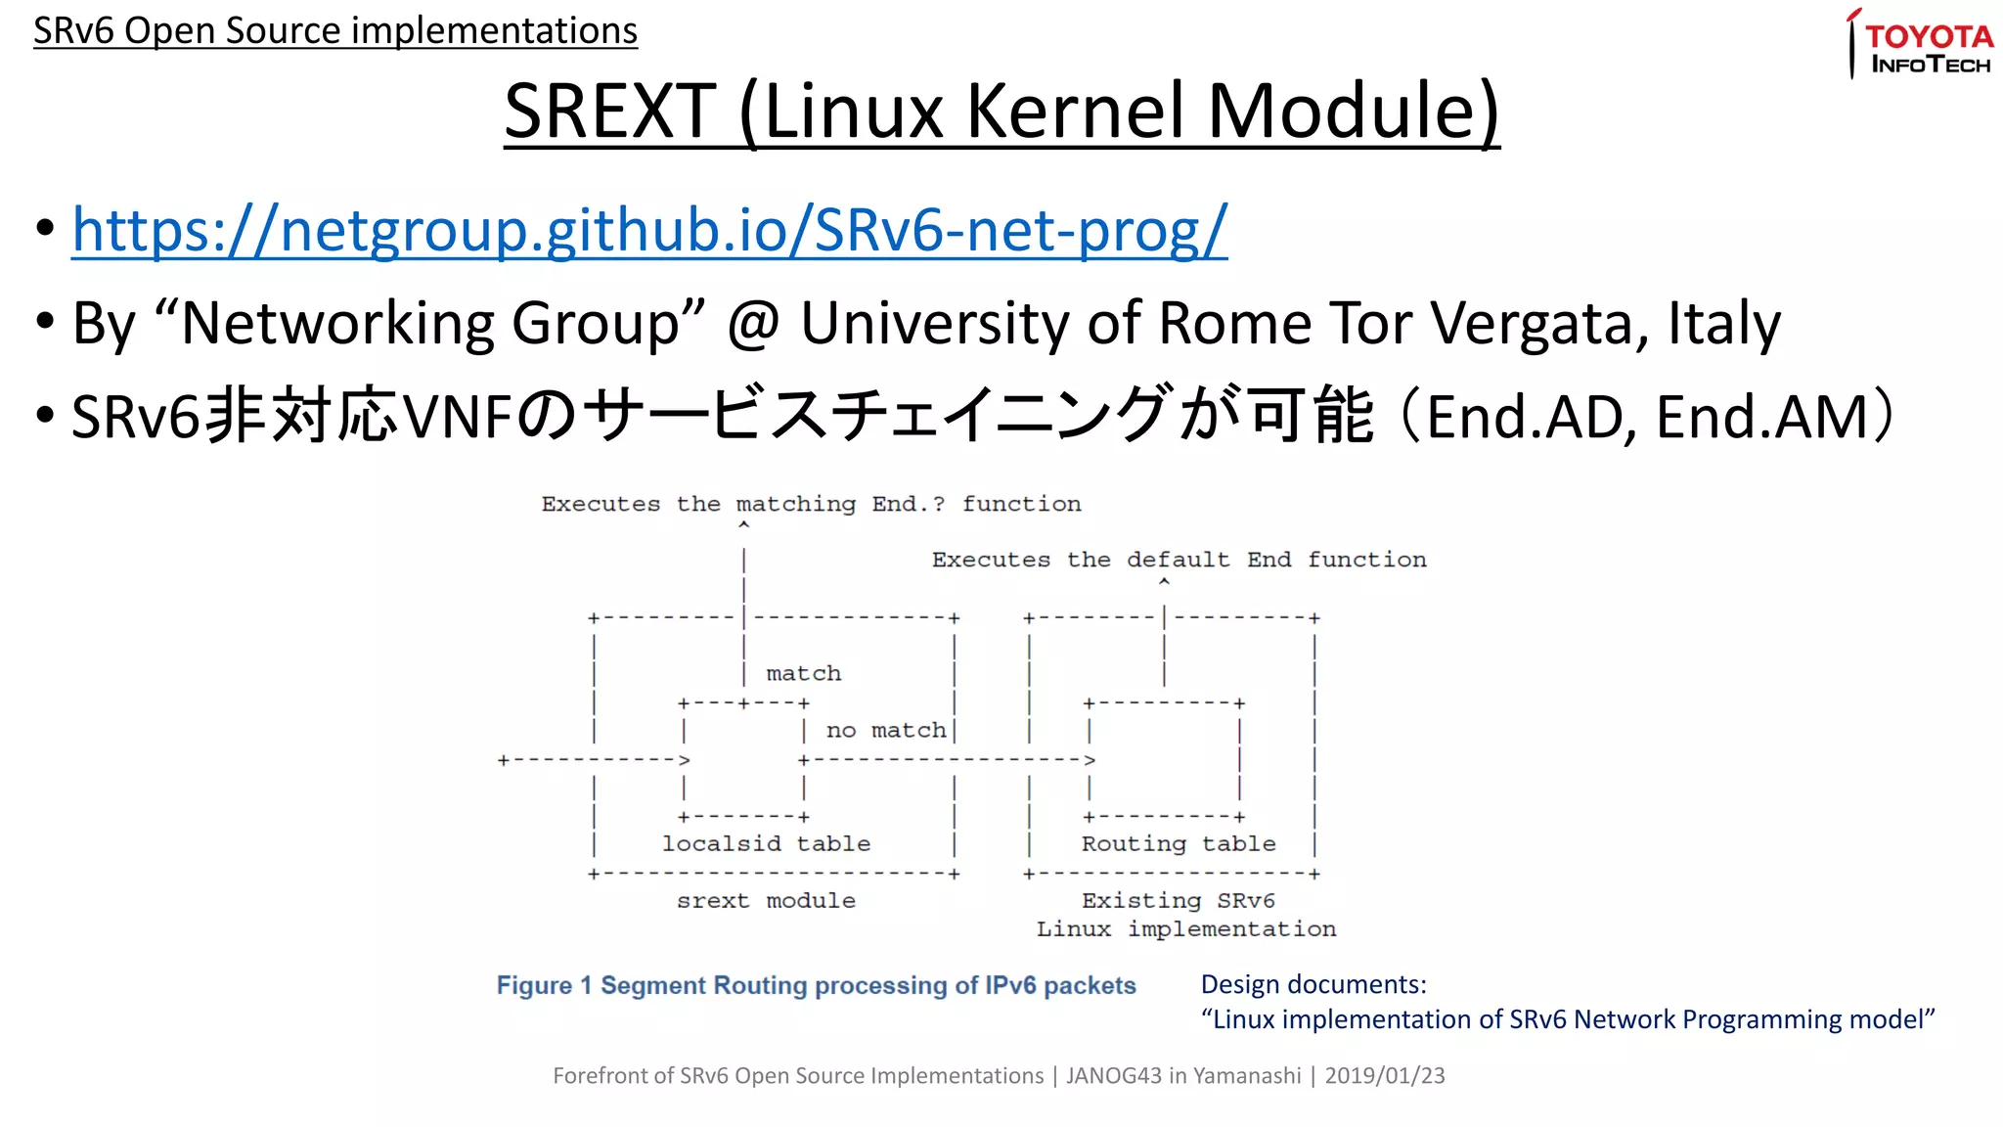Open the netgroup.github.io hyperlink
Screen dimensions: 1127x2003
click(649, 230)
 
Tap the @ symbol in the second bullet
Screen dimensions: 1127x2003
click(752, 323)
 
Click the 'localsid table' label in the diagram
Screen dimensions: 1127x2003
click(766, 843)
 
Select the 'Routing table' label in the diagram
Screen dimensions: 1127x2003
click(1178, 843)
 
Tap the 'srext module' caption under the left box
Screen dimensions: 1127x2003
click(766, 900)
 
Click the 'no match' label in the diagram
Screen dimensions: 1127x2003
click(886, 730)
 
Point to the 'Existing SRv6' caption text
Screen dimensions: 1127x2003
click(1178, 900)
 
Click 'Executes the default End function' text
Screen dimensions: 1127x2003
click(1179, 560)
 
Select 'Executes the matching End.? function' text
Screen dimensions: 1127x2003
click(811, 504)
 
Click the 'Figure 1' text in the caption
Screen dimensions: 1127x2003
click(544, 985)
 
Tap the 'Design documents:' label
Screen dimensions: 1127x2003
click(1313, 984)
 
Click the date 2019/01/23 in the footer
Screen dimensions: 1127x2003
click(1384, 1075)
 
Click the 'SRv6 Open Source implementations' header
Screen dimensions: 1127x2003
click(335, 30)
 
